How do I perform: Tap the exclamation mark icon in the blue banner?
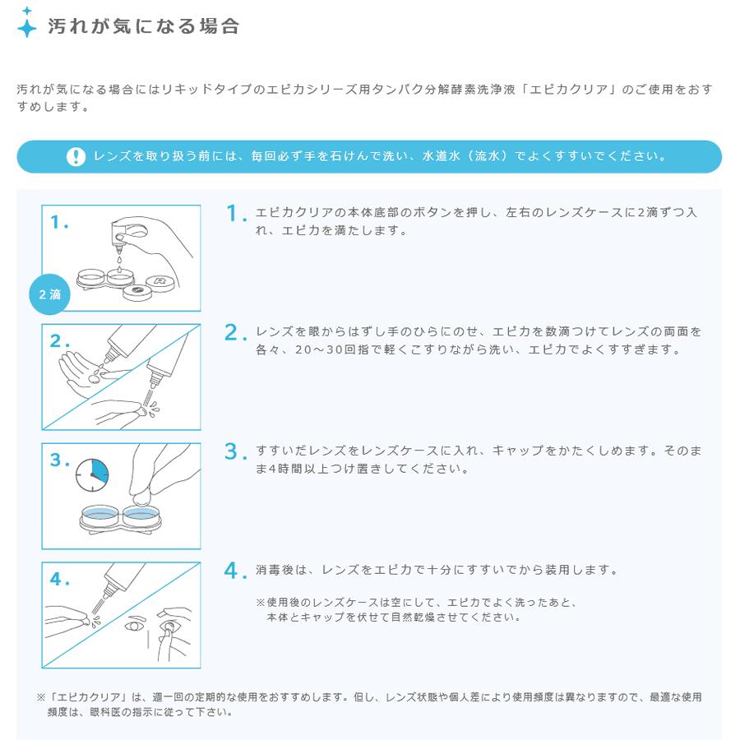[x=76, y=156]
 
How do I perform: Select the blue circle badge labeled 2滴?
[x=49, y=294]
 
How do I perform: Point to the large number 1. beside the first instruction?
[x=236, y=214]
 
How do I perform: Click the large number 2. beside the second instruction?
[x=236, y=332]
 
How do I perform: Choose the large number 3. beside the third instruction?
[x=236, y=451]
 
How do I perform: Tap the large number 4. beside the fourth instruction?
[x=236, y=571]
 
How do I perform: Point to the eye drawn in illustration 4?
[x=133, y=627]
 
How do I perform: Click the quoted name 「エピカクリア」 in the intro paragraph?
[x=560, y=89]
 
